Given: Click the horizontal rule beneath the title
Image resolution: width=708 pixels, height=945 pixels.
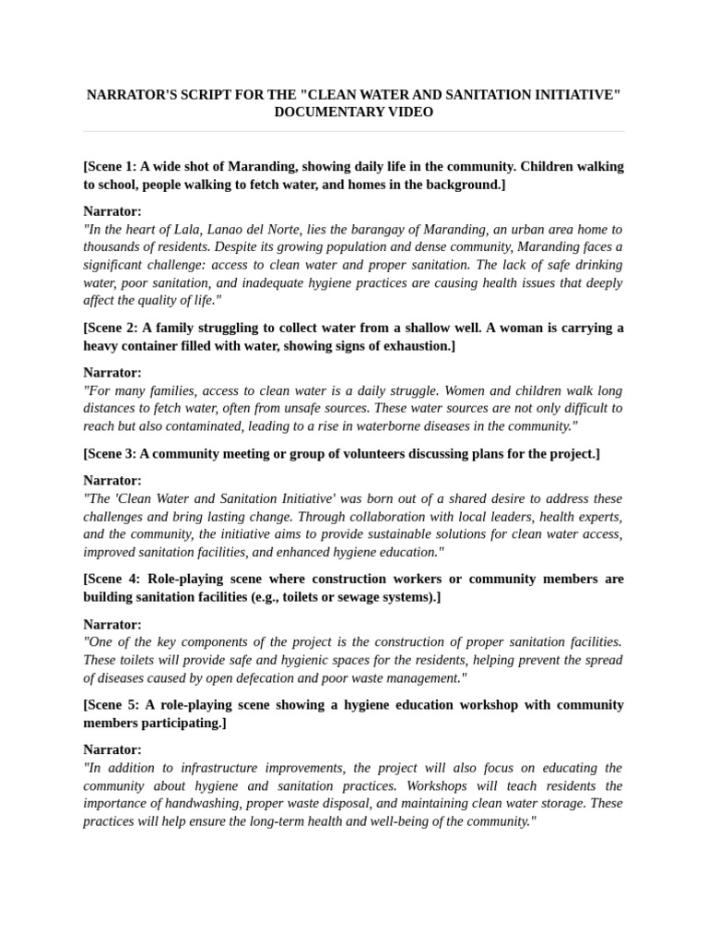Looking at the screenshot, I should point(354,131).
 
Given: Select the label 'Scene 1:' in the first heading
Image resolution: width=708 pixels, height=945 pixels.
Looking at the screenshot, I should point(112,167).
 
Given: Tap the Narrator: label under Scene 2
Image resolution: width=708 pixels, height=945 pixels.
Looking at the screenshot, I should point(112,373).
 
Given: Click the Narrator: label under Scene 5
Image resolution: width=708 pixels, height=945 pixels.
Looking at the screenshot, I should point(112,750).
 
